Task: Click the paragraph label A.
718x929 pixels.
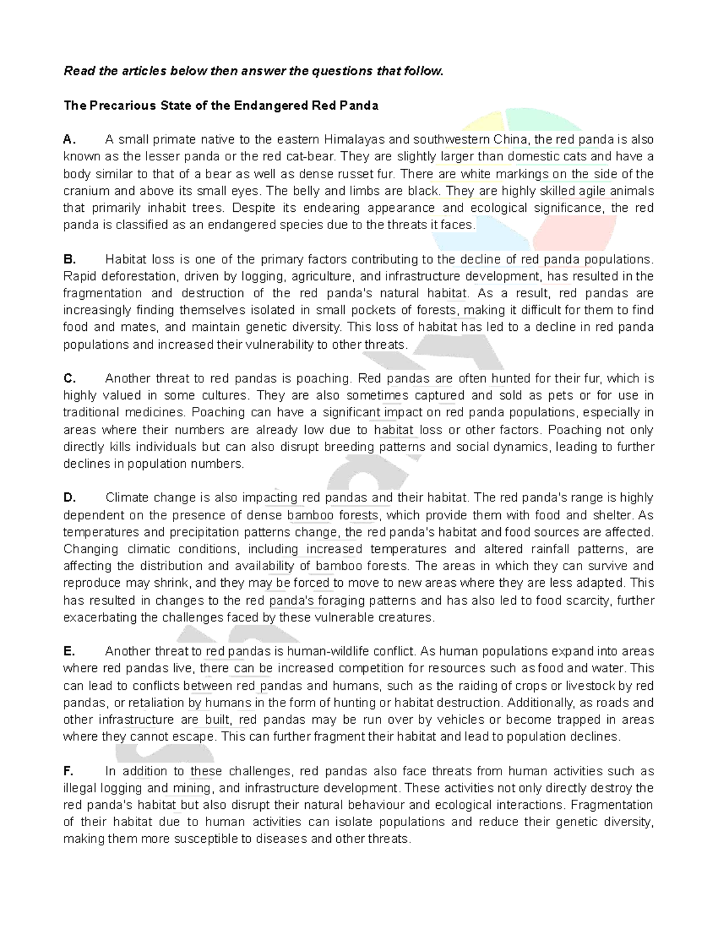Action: pyautogui.click(x=69, y=140)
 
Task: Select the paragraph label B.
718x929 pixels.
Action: pyautogui.click(x=69, y=260)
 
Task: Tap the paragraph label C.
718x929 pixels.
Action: pyautogui.click(x=69, y=379)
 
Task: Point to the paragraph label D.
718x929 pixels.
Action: pyautogui.click(x=69, y=498)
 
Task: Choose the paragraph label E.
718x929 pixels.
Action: pyautogui.click(x=69, y=651)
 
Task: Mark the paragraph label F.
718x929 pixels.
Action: pyautogui.click(x=69, y=771)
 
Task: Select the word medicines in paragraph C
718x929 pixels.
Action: pyautogui.click(x=159, y=413)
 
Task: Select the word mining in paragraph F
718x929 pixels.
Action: pyautogui.click(x=191, y=788)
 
